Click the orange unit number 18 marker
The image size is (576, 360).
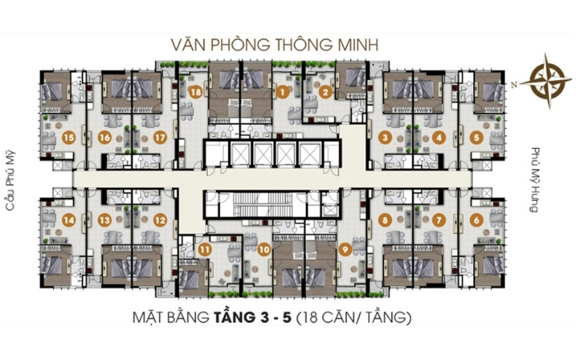click(196, 91)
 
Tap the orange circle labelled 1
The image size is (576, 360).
click(282, 91)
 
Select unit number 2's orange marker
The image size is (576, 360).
click(325, 91)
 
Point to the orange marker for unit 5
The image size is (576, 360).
click(477, 138)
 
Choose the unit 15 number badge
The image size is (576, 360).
click(68, 138)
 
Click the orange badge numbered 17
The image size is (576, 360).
click(160, 138)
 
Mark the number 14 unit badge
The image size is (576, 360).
click(68, 220)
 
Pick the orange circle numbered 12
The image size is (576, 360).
click(160, 220)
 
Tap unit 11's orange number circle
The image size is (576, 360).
click(204, 250)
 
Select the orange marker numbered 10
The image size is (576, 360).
click(264, 250)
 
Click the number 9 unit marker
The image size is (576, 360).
click(345, 250)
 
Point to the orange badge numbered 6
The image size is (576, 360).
click(477, 220)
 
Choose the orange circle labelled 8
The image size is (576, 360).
click(384, 220)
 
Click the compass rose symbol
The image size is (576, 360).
click(546, 81)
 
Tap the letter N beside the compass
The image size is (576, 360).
click(514, 85)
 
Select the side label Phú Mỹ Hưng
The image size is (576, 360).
click(535, 180)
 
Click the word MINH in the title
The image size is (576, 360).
click(356, 45)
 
